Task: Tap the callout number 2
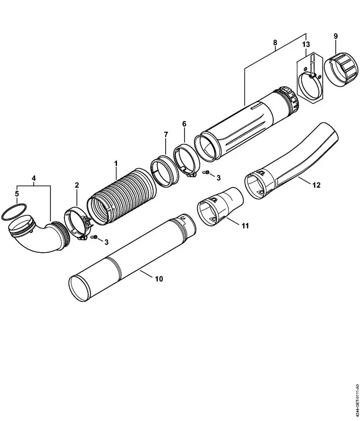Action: [76, 185]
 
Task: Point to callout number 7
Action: [166, 134]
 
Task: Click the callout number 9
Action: [336, 36]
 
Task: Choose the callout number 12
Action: [316, 184]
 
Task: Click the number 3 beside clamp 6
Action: [218, 178]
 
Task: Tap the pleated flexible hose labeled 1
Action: [119, 198]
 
